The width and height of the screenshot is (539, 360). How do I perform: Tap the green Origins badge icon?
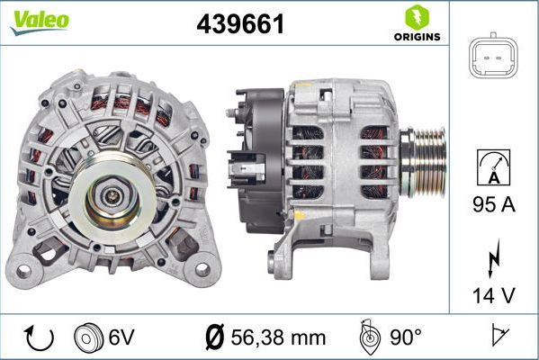click(416, 17)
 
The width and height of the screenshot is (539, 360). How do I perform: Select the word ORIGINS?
click(416, 37)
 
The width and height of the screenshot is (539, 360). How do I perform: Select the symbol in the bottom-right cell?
click(496, 337)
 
